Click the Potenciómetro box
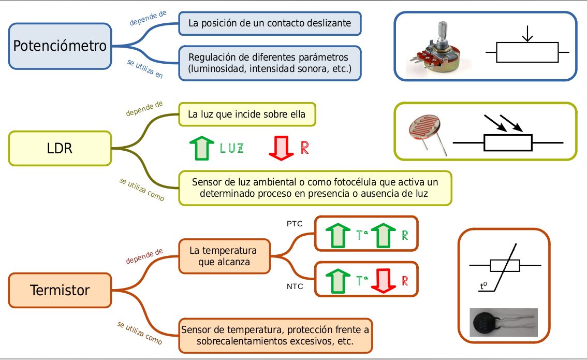tap(60, 46)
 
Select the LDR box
tap(60, 148)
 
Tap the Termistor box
tap(60, 290)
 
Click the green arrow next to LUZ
tap(202, 148)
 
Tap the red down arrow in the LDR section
tap(281, 148)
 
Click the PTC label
tap(295, 224)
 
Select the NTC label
tap(295, 286)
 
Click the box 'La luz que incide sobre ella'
tap(247, 114)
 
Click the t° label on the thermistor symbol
tap(483, 285)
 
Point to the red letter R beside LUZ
tap(305, 148)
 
